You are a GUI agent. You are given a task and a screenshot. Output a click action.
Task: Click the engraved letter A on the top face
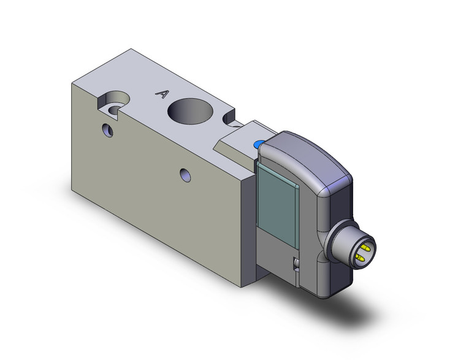click(x=162, y=94)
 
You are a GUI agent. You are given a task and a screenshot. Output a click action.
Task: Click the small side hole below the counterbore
click(x=109, y=129)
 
